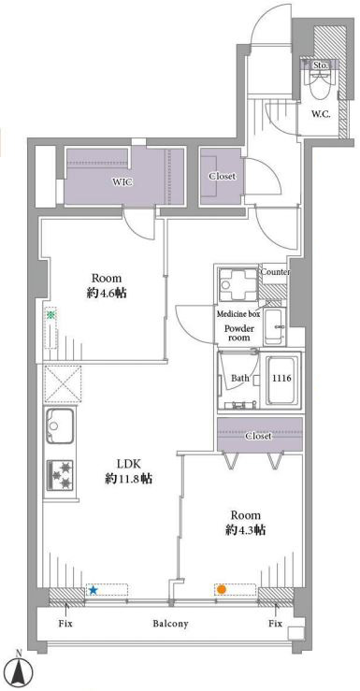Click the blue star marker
[93, 590]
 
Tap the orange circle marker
[222, 589]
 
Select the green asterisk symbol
[51, 315]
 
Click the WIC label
[122, 182]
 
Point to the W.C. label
[322, 114]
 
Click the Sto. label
[321, 65]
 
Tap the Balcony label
[171, 624]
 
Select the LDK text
[128, 464]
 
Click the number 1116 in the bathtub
[282, 378]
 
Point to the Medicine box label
[238, 314]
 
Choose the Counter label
[275, 272]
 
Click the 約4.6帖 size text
[107, 293]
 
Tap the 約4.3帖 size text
[245, 530]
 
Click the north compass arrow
[22, 669]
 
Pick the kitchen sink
[60, 425]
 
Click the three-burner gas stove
[60, 475]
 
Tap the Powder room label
[238, 333]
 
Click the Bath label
[240, 378]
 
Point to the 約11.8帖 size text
[128, 479]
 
